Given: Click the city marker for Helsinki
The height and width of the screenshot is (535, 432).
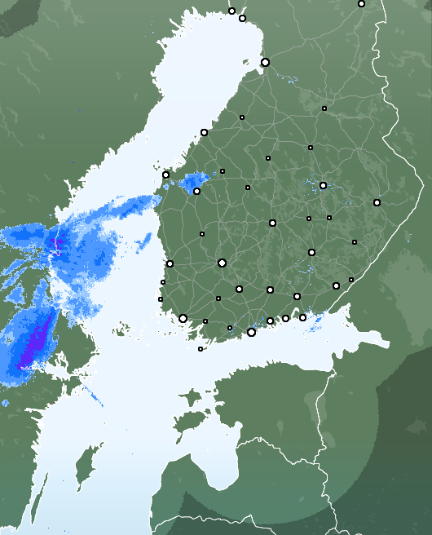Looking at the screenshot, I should [251, 332].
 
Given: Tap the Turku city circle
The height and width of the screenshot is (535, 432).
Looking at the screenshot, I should [183, 318].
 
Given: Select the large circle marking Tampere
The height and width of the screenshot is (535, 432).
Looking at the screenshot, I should [222, 263].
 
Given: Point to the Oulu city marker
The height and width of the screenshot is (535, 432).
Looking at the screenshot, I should [265, 62].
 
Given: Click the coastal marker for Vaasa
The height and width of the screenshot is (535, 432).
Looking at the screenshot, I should [165, 175].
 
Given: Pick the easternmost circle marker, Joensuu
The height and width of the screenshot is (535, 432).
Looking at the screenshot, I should [377, 202].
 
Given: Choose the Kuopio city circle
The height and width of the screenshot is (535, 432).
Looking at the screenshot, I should [323, 185].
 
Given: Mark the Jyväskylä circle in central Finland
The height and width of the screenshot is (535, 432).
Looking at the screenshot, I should [272, 223].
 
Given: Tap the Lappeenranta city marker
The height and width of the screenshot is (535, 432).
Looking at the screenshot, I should [336, 285].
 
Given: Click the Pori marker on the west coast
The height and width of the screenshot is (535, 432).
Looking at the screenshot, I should [170, 263].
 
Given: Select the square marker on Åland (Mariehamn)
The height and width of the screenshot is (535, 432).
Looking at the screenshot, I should [201, 349].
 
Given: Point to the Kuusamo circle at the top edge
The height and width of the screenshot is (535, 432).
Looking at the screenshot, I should [361, 4].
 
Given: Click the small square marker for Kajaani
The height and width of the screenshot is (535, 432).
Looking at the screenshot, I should [324, 108].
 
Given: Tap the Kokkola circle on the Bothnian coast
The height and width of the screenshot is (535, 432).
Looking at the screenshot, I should [204, 132].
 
